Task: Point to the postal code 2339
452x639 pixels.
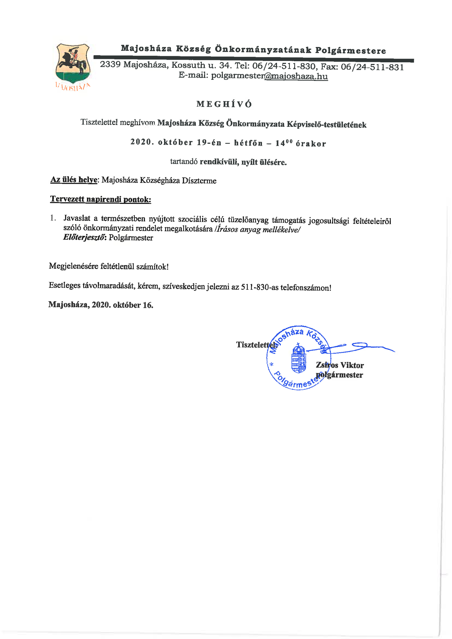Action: (x=110, y=64)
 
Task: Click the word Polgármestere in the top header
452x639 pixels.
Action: (x=350, y=51)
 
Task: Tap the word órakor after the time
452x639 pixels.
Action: (x=311, y=144)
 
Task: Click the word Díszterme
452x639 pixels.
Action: (x=199, y=181)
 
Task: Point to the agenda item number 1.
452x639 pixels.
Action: (x=53, y=218)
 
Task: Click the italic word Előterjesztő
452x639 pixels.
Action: (x=84, y=237)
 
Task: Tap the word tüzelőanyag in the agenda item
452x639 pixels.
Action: (x=248, y=220)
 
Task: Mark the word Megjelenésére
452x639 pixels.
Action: (x=73, y=266)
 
